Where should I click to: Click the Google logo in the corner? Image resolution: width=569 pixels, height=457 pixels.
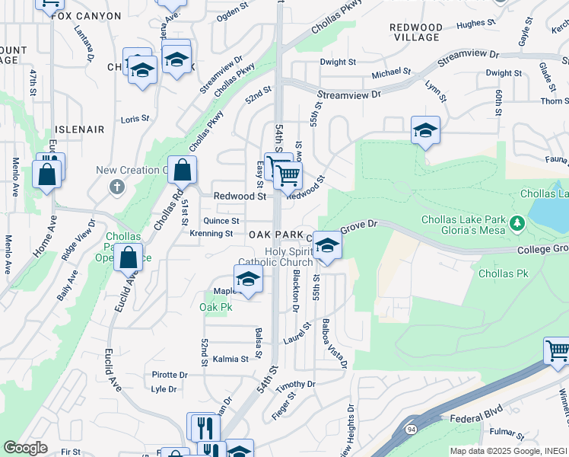pos(26,448)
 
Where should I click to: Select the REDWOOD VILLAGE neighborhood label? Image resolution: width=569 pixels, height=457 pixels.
pos(415,32)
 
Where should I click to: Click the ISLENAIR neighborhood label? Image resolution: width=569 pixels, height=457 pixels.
pos(79,129)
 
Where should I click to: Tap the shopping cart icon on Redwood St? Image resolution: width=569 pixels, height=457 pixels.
pos(288,176)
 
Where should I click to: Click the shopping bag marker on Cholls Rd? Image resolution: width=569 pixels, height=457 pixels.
pos(182,170)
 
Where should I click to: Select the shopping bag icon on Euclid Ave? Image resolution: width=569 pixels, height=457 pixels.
pos(129,258)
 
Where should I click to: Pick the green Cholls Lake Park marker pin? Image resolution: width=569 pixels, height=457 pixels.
pos(518,223)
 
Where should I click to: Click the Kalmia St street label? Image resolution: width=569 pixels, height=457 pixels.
pos(230,359)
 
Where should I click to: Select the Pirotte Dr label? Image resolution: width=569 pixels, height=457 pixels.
pos(170,375)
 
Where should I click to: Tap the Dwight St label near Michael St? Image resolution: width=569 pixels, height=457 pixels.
pos(338,62)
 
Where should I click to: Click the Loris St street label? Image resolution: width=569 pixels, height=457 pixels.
pos(135,120)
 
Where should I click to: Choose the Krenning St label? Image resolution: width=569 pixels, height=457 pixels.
pos(211,234)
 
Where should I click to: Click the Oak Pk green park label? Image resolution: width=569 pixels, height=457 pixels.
pos(215,307)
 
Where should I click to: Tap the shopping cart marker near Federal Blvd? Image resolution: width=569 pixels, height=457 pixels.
pos(557,351)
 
